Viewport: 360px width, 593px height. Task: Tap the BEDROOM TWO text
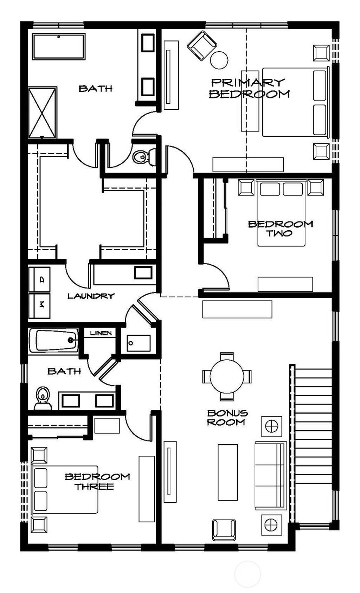(280, 228)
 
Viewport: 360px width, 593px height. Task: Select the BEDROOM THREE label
(97, 482)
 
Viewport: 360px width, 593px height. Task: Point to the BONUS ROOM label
(227, 418)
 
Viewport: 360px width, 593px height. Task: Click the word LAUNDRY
(91, 296)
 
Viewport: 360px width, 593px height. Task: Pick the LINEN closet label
(101, 333)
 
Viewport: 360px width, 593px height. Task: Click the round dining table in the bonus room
(227, 376)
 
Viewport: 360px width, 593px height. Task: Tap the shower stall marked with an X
(42, 113)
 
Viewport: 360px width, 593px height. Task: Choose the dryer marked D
(39, 279)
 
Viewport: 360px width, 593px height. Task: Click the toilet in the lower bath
(43, 398)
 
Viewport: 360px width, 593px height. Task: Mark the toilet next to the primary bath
(144, 157)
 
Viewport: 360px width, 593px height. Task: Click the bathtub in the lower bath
(53, 340)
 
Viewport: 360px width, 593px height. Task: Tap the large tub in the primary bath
(59, 46)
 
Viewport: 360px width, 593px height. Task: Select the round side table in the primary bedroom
(219, 60)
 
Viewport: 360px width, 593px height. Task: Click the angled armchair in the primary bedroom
(202, 45)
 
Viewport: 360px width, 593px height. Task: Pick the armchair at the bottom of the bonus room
(224, 529)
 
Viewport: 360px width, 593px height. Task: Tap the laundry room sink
(143, 272)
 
